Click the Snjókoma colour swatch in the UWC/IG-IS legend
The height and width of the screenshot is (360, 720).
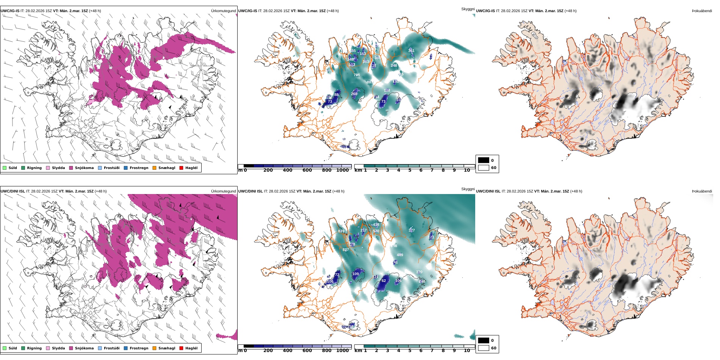click(71, 168)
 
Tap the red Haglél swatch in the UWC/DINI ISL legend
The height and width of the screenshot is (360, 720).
click(181, 348)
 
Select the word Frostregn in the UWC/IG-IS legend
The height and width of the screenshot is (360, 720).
click(139, 168)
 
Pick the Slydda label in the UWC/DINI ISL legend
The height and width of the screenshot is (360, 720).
click(58, 348)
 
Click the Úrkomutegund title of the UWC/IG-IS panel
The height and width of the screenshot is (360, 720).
click(223, 11)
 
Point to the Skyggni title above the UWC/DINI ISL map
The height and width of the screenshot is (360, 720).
click(468, 189)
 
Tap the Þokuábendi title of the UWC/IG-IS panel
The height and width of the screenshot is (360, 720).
click(702, 11)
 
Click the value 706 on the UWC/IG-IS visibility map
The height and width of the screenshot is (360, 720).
click(357, 75)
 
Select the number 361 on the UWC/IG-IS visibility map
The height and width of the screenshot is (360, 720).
click(411, 50)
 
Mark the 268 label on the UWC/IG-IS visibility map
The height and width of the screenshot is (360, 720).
click(354, 94)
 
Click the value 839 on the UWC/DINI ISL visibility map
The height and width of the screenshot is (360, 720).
click(341, 231)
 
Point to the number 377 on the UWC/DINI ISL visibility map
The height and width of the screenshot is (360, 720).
click(412, 230)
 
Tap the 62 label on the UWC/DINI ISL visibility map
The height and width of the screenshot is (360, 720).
click(383, 281)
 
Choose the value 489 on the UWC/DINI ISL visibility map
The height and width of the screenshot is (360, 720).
click(400, 255)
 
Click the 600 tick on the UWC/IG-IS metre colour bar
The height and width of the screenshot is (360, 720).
click(307, 171)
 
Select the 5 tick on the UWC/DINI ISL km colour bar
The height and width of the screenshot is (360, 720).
click(409, 351)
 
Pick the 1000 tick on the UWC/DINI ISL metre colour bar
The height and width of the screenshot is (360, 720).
click(342, 351)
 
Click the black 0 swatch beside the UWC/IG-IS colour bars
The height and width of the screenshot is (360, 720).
click(483, 160)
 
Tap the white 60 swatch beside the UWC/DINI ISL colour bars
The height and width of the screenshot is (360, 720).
click(483, 348)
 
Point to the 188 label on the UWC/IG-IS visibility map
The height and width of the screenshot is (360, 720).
click(387, 91)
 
